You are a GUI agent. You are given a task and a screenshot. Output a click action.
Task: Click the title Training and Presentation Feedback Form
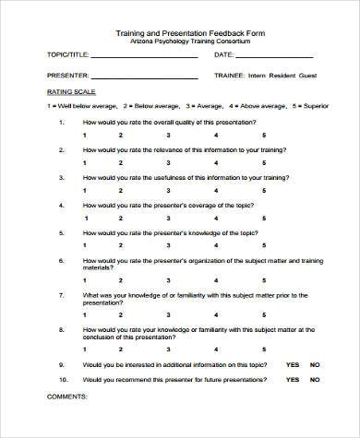179,32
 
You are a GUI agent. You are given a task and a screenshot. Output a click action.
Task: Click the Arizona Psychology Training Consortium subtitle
179,42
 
